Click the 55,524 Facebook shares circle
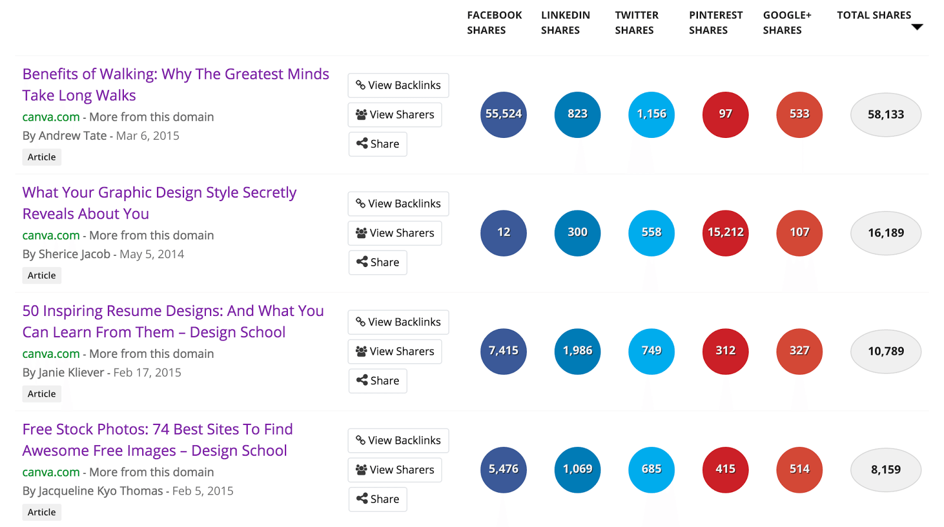coord(503,114)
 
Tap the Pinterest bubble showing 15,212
coord(725,233)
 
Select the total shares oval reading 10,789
coord(885,351)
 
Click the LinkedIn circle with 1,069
coord(577,469)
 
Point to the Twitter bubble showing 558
coord(651,233)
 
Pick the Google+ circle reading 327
coord(799,351)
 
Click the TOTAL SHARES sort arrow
coord(917,27)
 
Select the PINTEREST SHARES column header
coord(715,22)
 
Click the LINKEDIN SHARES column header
coord(565,22)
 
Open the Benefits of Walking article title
coord(175,84)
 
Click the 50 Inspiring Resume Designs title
coord(173,321)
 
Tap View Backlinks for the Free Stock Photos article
coord(398,440)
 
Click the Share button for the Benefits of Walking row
coord(378,144)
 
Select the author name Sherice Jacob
coord(74,254)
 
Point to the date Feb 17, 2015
coord(147,373)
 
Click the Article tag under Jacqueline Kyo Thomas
coord(42,512)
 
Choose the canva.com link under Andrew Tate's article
coord(51,117)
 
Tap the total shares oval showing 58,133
coord(885,115)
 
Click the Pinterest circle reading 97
coord(725,114)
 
